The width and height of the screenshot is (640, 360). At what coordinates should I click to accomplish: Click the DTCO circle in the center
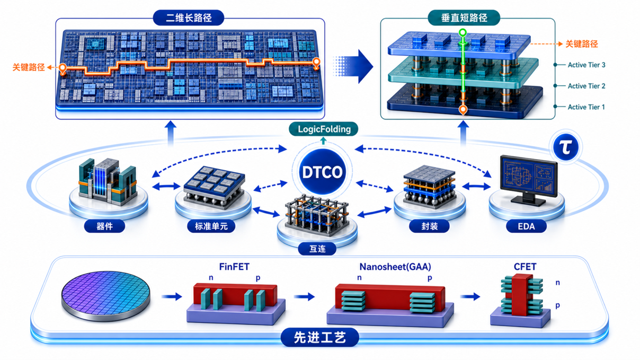322,172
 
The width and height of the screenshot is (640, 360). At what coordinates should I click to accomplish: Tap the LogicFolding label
323,129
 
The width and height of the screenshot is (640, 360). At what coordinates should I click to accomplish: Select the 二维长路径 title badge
189,17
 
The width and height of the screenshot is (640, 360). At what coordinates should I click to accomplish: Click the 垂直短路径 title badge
464,17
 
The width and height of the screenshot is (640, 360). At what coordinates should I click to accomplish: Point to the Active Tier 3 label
586,65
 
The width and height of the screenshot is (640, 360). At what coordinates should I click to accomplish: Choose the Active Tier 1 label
586,107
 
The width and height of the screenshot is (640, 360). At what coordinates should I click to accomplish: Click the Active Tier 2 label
586,86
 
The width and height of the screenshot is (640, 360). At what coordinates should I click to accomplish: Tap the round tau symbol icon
566,147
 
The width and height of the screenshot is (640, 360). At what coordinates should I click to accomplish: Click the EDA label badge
526,226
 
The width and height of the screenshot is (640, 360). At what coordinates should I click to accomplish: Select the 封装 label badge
429,226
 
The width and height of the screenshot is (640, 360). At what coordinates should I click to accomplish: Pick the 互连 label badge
317,249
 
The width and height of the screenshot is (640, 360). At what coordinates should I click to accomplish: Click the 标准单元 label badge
211,226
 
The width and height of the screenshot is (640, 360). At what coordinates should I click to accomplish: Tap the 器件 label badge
104,226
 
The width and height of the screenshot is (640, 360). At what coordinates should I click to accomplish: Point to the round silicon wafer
106,296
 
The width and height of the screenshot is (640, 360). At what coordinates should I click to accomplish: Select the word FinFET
234,267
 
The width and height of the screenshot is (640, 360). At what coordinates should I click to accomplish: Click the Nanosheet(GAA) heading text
395,267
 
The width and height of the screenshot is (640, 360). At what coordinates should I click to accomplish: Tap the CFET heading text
525,267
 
